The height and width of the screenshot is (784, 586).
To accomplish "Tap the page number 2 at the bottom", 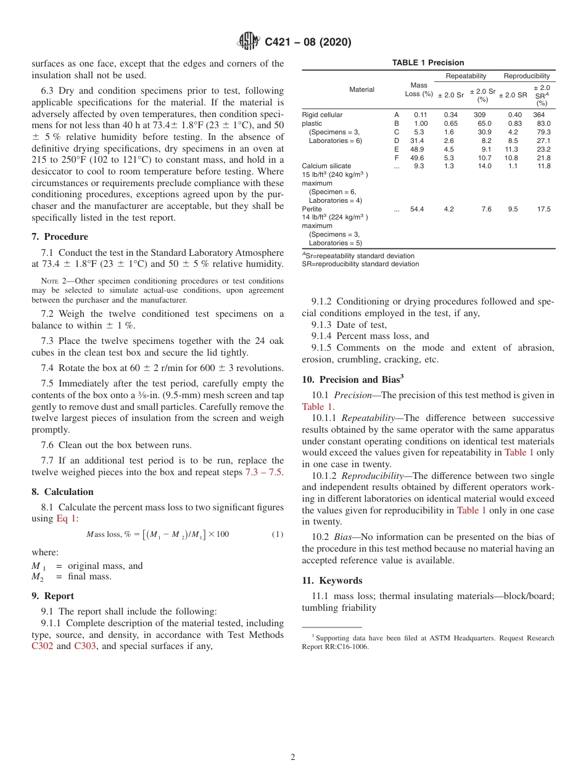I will pos(293,757).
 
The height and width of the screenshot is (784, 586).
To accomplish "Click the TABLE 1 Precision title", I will pos(428,63).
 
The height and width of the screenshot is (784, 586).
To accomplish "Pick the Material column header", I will pos(361,89).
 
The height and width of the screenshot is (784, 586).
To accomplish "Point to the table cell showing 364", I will pos(539,115).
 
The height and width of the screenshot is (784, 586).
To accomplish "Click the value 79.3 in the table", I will pos(543,132).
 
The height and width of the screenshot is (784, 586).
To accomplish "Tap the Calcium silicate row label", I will pos(326,166).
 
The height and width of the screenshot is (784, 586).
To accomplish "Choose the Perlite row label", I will pos(312,209).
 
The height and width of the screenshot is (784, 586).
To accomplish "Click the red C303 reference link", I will pos(85,646).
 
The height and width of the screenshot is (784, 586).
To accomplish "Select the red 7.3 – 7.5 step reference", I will pos(265,472).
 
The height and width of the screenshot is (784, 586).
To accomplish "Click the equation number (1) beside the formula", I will pos(278,534).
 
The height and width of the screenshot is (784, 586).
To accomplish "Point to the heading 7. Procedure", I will pos(60,237).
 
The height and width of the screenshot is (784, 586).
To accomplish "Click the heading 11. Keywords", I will pos(332,581).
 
